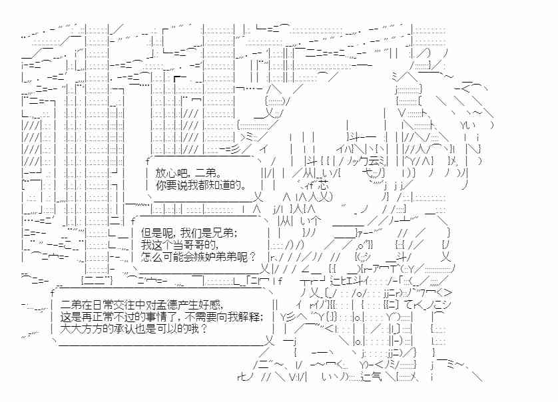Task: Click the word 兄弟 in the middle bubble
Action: [x=224, y=233]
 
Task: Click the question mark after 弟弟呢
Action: [x=252, y=256]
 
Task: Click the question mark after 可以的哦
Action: [x=204, y=328]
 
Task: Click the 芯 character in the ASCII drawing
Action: [x=322, y=185]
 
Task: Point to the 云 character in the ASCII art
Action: [x=374, y=161]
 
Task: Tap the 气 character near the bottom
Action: [x=376, y=377]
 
